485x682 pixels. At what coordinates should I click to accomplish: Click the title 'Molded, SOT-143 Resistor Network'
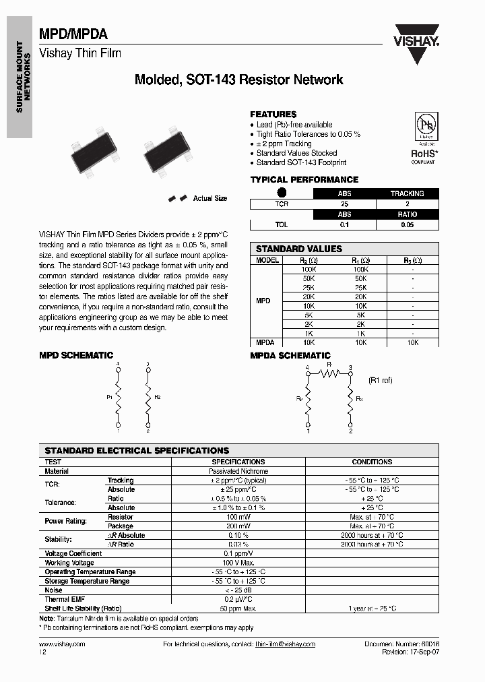tap(239, 80)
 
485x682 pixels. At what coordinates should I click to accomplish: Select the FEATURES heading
tap(273, 115)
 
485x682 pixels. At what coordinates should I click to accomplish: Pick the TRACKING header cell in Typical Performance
tap(407, 193)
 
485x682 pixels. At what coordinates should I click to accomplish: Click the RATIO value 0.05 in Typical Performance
tap(407, 225)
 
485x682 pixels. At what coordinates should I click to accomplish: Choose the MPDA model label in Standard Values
tap(263, 342)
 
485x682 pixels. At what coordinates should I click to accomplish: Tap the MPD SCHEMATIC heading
tap(76, 355)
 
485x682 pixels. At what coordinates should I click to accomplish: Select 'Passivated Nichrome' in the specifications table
tap(238, 471)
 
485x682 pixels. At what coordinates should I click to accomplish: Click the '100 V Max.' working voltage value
tap(238, 563)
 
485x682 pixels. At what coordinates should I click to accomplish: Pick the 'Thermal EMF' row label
tap(65, 599)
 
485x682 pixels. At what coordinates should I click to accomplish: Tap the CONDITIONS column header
tap(372, 462)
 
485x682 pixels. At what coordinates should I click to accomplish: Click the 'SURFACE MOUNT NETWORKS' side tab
tap(20, 78)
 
